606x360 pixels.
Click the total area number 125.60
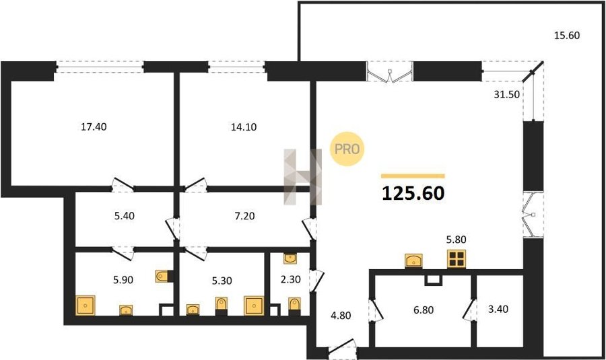[413, 193]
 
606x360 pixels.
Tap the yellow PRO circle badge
[347, 149]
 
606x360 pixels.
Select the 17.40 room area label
[94, 127]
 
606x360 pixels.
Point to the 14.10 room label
[244, 127]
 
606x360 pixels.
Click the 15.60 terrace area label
[567, 36]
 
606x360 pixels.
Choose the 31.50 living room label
[506, 95]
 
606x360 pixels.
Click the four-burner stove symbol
[457, 259]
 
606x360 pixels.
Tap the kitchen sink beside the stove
[413, 260]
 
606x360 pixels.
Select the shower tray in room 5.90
[86, 305]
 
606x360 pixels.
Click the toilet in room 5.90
[164, 276]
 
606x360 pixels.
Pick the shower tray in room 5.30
[254, 305]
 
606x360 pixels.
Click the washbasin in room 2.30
[290, 258]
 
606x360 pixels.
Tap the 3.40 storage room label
[498, 310]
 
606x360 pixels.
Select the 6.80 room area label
[424, 310]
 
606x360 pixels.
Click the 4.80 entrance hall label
[341, 316]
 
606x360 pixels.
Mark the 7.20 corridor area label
[244, 216]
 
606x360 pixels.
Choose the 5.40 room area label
[125, 216]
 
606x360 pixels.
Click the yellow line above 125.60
[413, 176]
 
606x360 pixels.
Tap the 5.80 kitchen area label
[457, 240]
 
